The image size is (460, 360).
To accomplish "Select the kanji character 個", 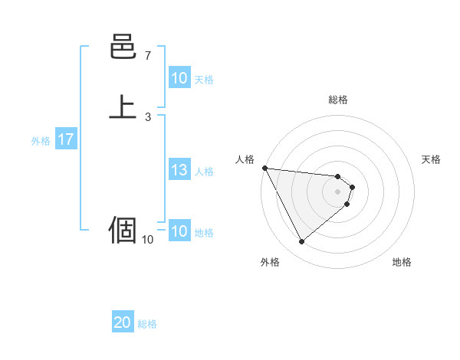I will click(123, 229).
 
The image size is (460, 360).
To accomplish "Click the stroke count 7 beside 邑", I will click(147, 56).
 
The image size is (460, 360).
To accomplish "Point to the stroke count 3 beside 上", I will click(147, 116).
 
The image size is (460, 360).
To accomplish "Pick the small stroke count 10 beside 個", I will click(147, 239).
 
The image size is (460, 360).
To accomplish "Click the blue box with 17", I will click(65, 140).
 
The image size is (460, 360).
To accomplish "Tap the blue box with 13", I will click(179, 171).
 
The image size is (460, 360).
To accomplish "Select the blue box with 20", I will click(123, 323).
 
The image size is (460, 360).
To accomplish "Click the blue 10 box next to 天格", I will click(179, 78).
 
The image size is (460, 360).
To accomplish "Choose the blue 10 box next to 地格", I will click(179, 232).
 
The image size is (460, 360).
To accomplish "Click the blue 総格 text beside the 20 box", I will click(147, 324).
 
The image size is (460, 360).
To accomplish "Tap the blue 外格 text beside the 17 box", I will click(41, 141).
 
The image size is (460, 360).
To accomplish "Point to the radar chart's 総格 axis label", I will click(338, 100).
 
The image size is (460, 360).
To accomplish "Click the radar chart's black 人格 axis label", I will click(245, 159).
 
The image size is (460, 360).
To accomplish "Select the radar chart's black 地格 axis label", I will click(402, 262).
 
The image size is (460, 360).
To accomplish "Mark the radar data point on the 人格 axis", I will click(264, 168).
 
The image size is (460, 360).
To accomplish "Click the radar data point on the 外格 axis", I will click(301, 242).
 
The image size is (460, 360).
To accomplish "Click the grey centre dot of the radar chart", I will click(338, 191).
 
